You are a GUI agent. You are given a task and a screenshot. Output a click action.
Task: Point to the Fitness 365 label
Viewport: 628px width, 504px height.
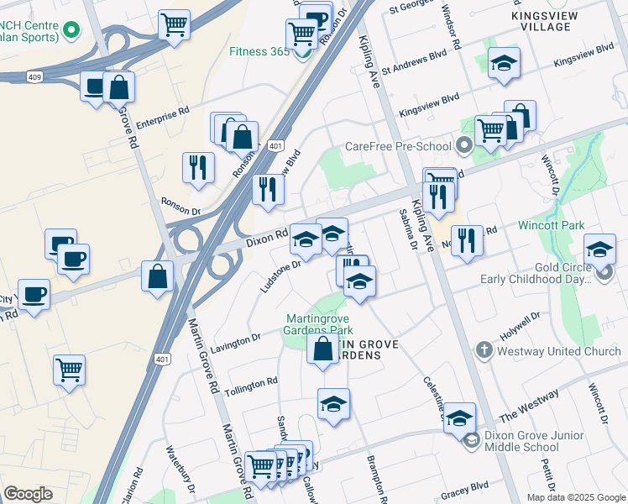coord(259,51)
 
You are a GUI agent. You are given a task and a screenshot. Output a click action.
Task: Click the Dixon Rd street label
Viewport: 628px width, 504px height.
coord(266,239)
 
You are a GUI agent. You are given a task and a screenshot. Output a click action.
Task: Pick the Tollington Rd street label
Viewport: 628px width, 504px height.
coord(251,382)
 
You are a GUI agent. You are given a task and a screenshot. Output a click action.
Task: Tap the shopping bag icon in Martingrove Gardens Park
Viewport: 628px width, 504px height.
coord(322,349)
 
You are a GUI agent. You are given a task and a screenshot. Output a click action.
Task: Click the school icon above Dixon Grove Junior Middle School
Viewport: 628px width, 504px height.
coord(459,418)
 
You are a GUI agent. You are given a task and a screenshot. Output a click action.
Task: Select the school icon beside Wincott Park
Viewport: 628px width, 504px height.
coord(599,249)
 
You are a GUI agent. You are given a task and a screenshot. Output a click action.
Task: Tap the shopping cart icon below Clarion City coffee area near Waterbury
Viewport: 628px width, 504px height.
coord(69,370)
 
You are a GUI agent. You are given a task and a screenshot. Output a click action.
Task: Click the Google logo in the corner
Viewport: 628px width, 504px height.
coord(28,494)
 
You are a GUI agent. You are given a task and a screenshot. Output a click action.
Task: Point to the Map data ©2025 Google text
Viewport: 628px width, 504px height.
coord(575,497)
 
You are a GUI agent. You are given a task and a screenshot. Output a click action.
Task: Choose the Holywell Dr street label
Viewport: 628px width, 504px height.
coord(518,323)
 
